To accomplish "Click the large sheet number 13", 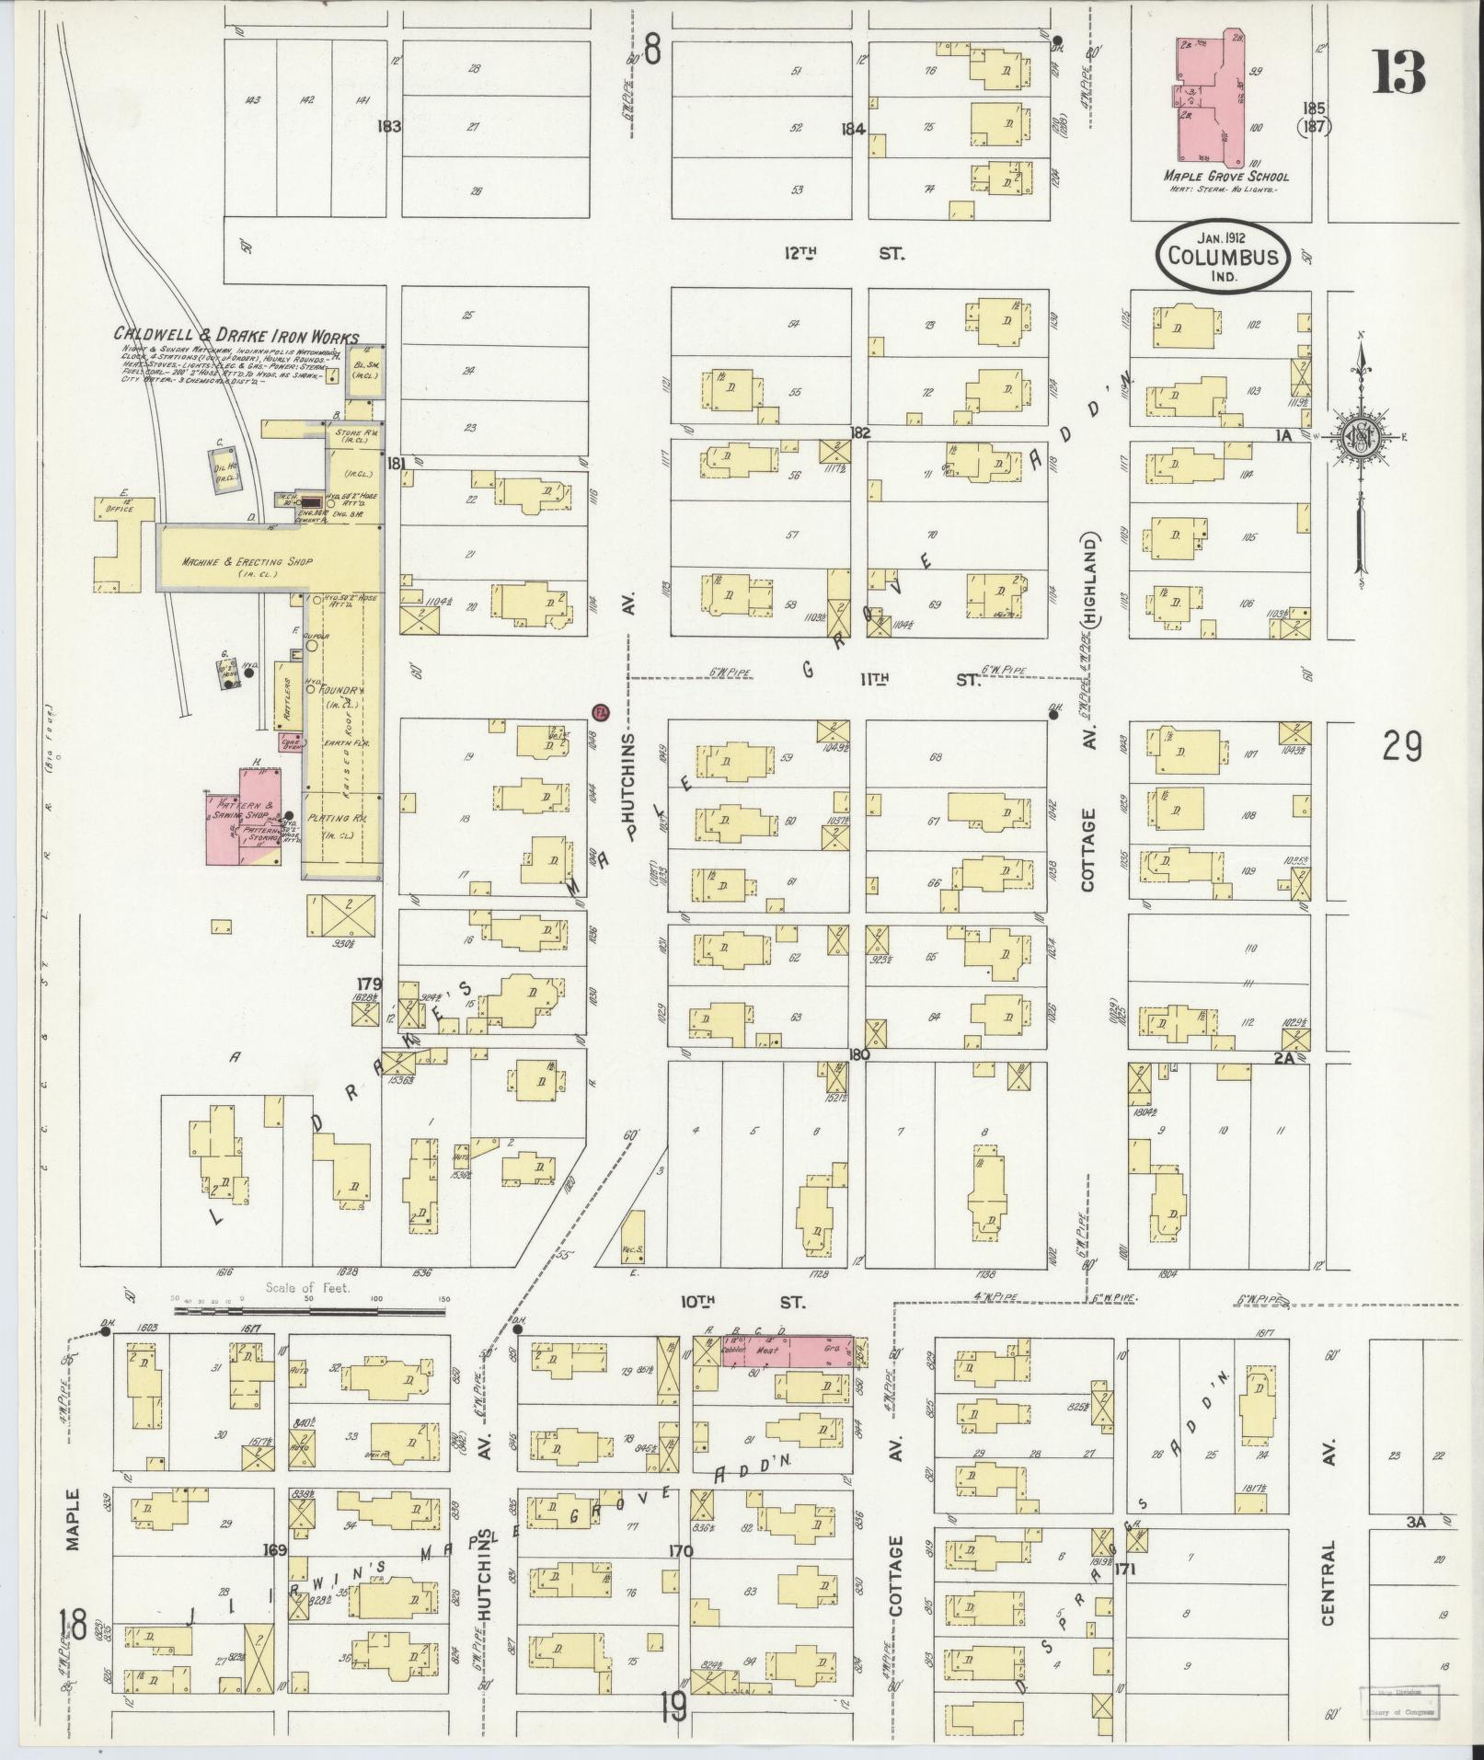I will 1398,74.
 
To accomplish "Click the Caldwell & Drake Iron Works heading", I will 236,338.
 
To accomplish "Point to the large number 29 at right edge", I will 1401,746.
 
